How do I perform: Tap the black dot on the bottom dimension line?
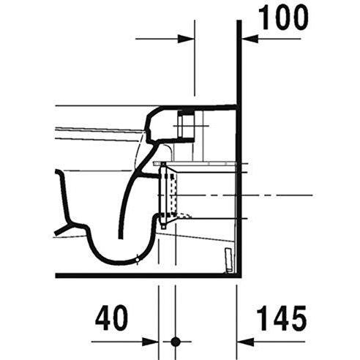coord(174,341)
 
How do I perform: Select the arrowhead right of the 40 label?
coord(153,341)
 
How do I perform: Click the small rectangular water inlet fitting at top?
coord(187,124)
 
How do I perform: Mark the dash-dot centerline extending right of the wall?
coord(278,196)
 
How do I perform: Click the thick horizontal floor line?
coord(146,275)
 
